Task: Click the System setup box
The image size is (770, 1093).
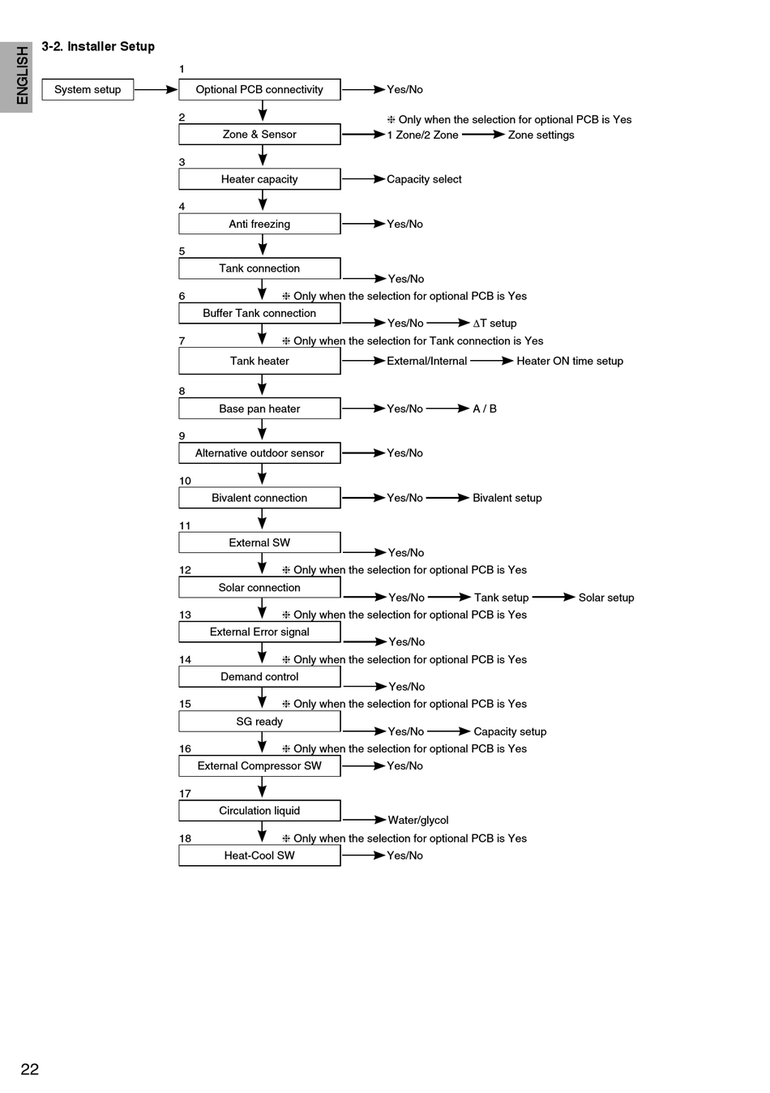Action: (88, 89)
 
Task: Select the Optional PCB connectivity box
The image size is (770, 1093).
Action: (259, 89)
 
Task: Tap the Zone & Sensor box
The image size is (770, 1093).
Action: (259, 135)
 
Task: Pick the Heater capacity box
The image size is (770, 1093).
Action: (259, 179)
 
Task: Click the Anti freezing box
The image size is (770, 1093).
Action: (259, 224)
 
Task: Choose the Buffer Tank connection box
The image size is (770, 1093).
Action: (259, 313)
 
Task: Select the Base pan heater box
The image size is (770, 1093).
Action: (259, 409)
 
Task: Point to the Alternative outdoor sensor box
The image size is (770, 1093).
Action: (259, 453)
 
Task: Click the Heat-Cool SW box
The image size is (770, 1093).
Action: (259, 855)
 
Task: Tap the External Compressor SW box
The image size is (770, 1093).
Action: (259, 765)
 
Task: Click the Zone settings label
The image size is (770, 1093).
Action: (541, 135)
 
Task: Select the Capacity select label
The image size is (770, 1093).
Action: (424, 179)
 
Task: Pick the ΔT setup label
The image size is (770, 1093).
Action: (494, 323)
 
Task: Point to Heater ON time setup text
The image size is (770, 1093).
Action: (570, 361)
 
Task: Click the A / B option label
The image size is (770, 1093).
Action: (485, 409)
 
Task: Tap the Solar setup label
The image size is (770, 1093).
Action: (606, 598)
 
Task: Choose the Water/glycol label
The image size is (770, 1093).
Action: (418, 821)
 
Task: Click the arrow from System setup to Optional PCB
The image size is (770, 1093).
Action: (156, 89)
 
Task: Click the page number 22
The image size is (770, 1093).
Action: (30, 1069)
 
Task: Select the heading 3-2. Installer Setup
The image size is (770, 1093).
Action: (98, 46)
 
